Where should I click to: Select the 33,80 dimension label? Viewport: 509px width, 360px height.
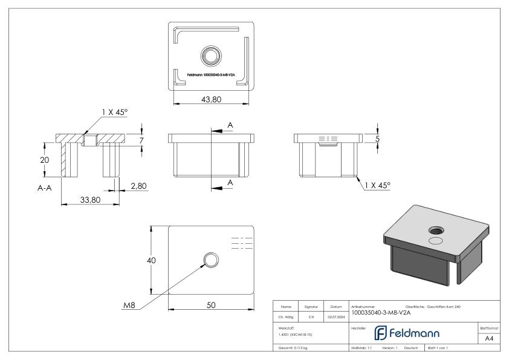(x=89, y=200)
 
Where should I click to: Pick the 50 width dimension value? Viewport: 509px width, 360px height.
(x=211, y=305)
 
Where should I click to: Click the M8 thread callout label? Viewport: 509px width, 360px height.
(x=129, y=305)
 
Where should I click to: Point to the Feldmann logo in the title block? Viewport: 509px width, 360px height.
(x=410, y=333)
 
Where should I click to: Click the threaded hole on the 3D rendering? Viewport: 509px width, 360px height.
(x=436, y=231)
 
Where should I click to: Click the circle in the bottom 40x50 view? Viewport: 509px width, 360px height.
(x=211, y=260)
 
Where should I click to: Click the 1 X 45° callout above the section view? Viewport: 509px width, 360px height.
(x=115, y=112)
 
